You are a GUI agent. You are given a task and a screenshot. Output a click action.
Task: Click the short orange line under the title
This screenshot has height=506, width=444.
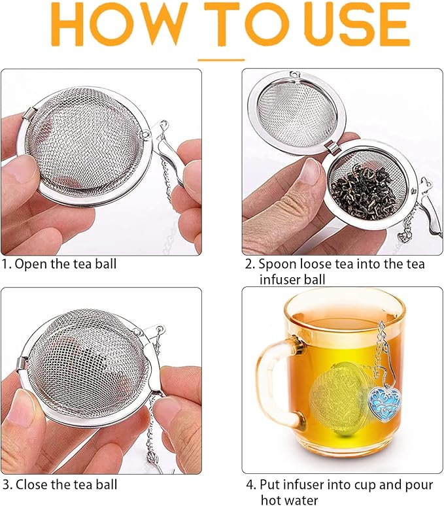221,59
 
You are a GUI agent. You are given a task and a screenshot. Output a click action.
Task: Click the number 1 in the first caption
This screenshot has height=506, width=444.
5,265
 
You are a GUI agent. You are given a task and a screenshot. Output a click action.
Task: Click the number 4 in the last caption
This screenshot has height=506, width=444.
249,485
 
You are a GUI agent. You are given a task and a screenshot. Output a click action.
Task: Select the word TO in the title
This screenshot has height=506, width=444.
222,25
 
